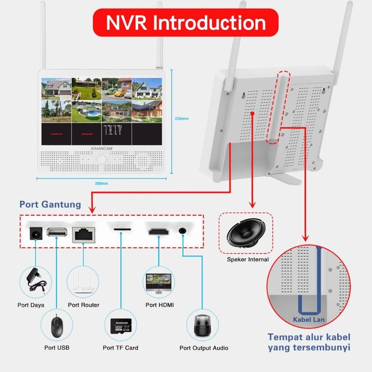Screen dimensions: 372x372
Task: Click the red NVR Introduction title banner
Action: [185, 23]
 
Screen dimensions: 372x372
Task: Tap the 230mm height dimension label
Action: [182, 118]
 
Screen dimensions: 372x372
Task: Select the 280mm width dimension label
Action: [101, 183]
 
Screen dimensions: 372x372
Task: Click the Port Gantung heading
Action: [50, 204]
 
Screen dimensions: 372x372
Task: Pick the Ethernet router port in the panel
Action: [82, 233]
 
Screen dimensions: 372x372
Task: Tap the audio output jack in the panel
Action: [182, 231]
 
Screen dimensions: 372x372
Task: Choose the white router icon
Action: [82, 281]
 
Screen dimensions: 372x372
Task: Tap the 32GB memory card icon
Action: [120, 326]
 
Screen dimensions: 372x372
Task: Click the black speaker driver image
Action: [245, 233]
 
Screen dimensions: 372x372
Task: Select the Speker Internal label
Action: [247, 260]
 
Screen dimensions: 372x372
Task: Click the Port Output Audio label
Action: [204, 348]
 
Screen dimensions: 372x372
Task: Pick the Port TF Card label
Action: [120, 348]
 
